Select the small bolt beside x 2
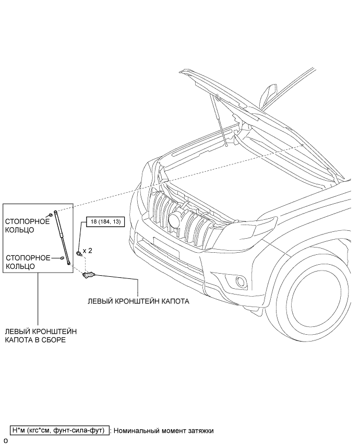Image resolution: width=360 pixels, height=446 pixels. coord(79,253)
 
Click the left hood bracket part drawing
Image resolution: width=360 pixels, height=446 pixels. coord(89,274)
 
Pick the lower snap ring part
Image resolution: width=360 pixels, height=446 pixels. coord(62,257)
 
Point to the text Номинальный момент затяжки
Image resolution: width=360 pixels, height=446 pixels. coord(163,431)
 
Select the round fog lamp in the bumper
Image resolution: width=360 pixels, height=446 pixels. coord(242,283)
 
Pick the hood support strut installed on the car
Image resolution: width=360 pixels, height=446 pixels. coord(220,120)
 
